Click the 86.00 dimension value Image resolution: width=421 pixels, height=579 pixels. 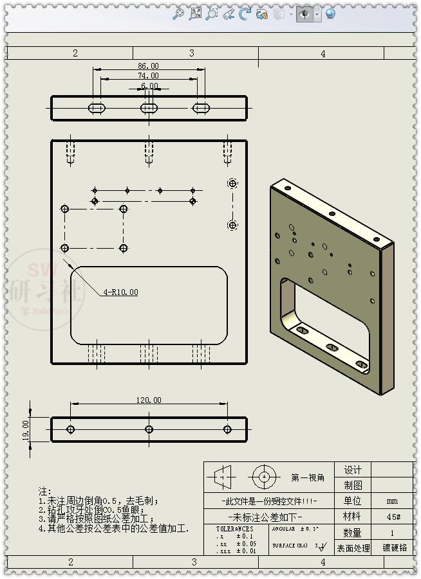click(148, 66)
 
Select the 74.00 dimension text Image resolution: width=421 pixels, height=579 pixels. click(148, 76)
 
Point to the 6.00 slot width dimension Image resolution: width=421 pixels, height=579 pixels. click(149, 85)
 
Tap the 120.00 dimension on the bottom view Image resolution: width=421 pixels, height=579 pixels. click(148, 400)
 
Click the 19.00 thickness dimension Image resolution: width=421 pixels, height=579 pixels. click(26, 429)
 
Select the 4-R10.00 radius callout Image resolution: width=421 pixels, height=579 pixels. click(120, 292)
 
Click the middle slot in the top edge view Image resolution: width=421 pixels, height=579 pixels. click(149, 107)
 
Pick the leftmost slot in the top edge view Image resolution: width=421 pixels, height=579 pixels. click(97, 107)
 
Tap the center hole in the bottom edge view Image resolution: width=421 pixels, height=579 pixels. click(149, 429)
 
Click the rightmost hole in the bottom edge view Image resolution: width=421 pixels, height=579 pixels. click(227, 429)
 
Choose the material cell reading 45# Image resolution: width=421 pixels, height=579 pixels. click(392, 517)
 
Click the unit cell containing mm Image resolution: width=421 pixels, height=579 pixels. click(392, 501)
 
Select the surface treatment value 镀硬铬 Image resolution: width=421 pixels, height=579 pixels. click(394, 548)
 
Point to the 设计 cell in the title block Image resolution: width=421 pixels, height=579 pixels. click(353, 470)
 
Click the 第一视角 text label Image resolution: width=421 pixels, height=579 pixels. click(308, 477)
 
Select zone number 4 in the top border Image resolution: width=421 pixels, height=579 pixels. click(323, 53)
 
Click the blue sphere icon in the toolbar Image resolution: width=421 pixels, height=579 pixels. click(330, 13)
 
